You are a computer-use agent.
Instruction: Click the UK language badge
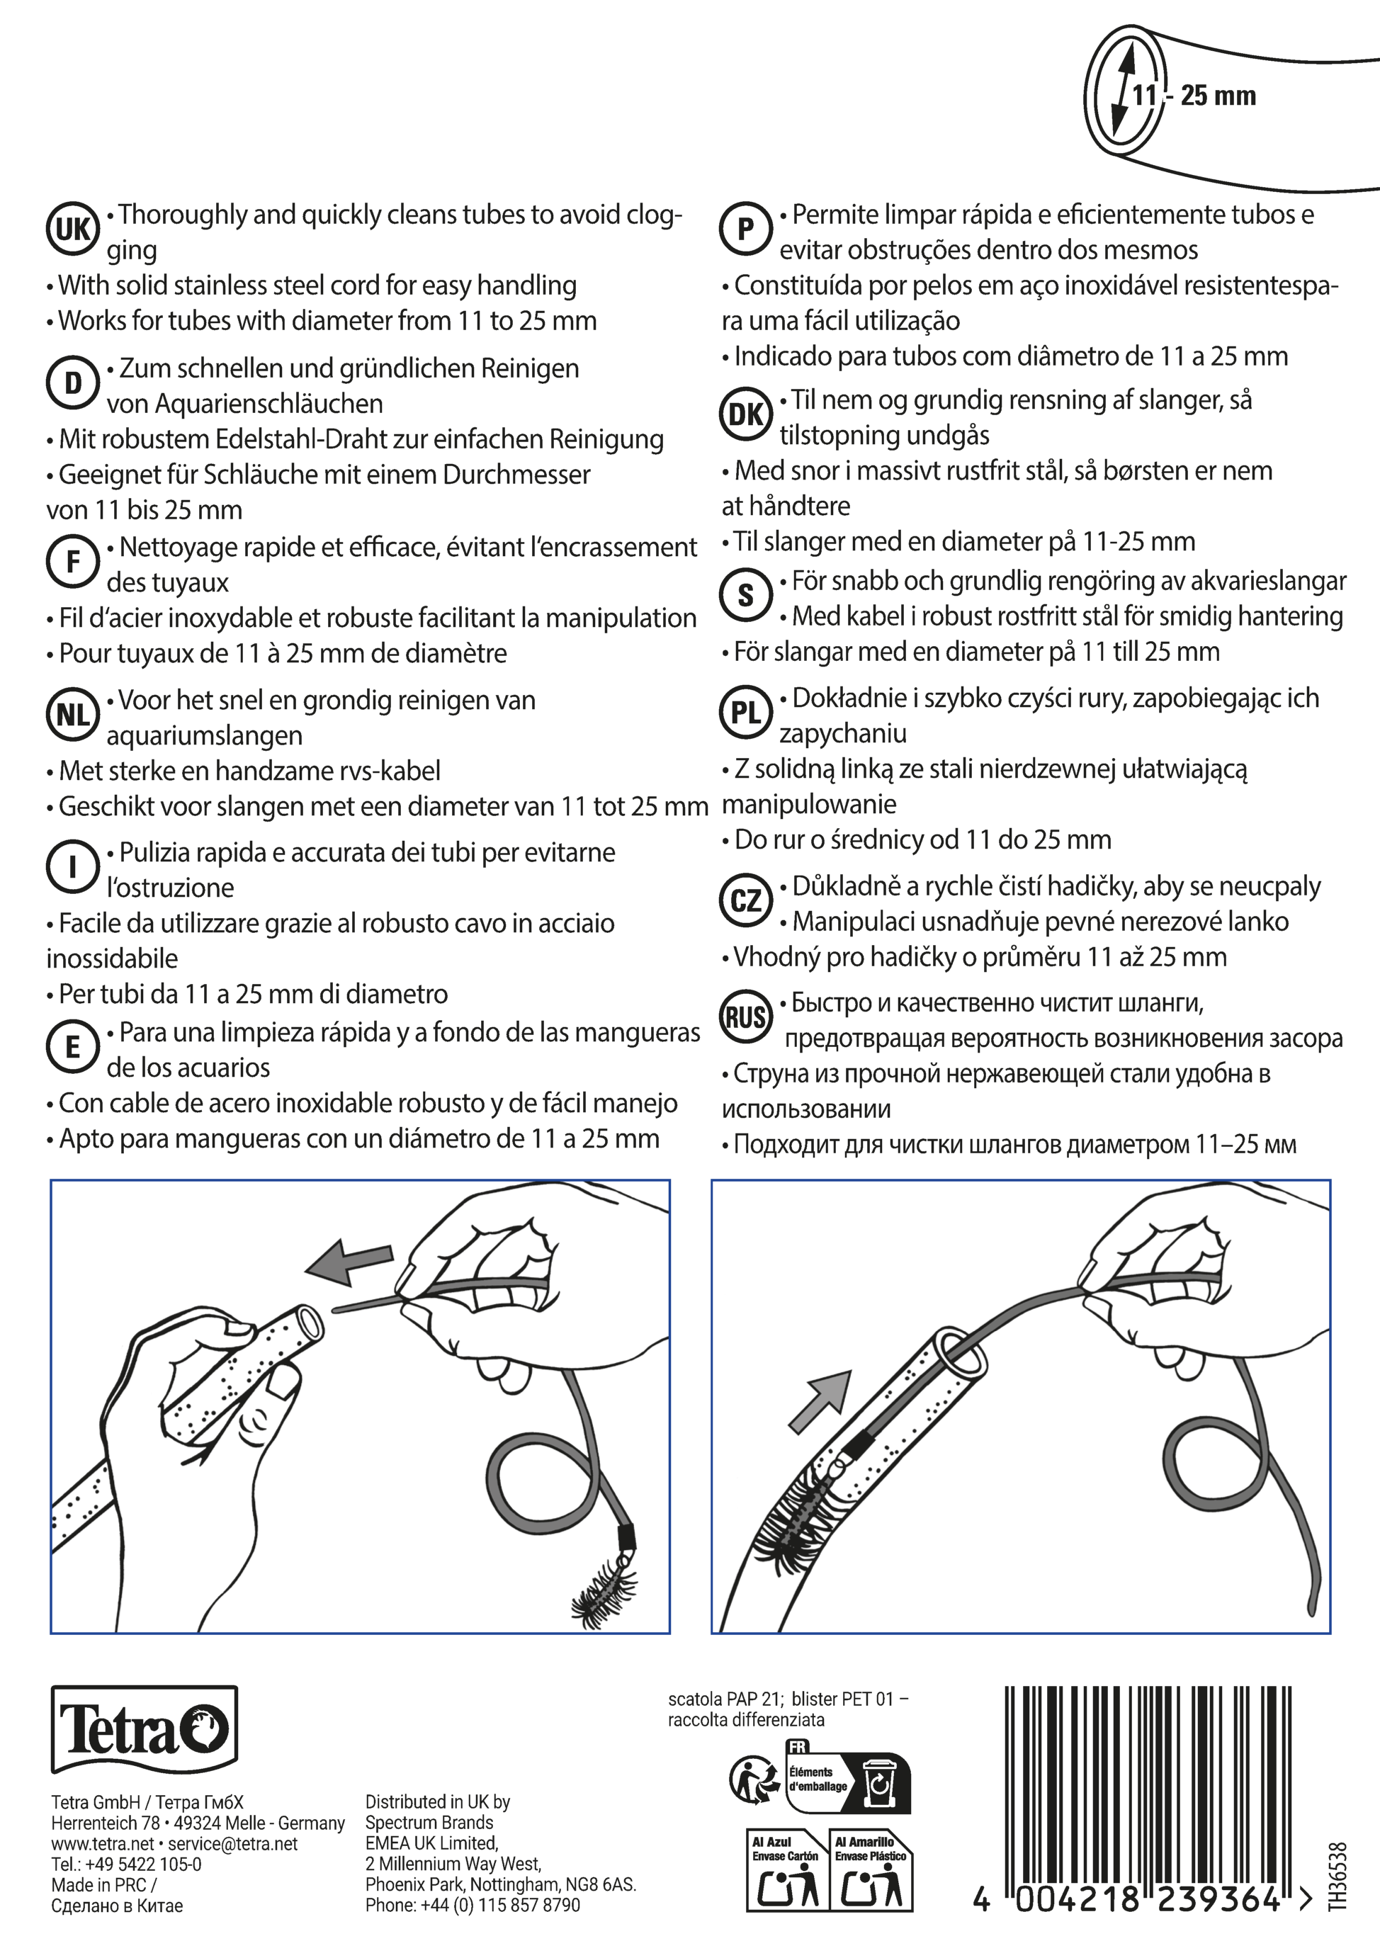72,230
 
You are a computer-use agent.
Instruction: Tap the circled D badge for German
72,383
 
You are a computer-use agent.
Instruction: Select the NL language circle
72,715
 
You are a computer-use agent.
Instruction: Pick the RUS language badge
745,1017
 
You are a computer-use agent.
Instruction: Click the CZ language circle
745,900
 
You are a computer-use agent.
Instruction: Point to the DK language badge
745,414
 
